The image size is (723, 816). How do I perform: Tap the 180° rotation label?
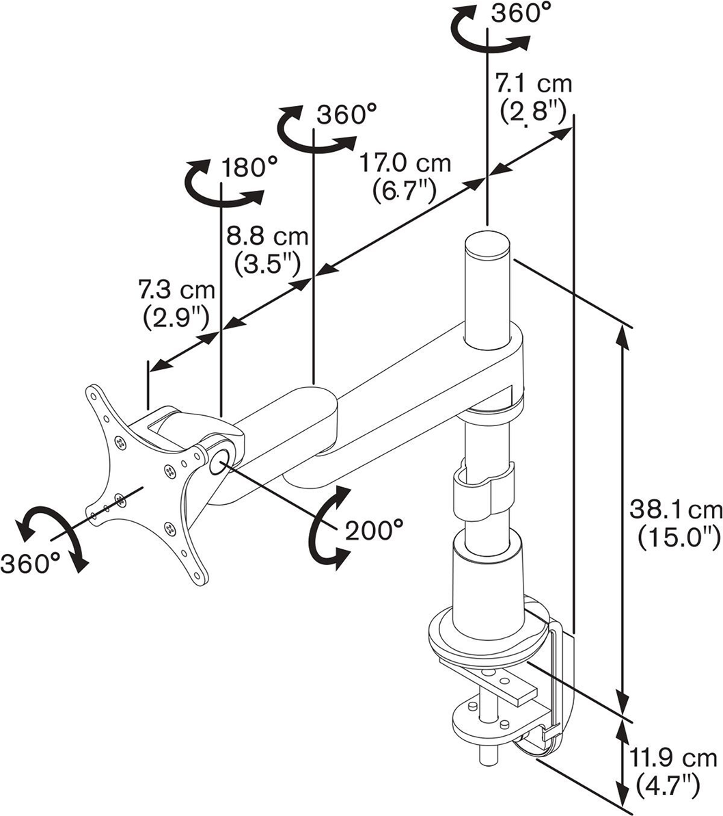click(x=249, y=168)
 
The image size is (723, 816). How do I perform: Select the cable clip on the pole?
click(x=481, y=490)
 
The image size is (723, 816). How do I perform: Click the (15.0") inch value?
click(x=679, y=538)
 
